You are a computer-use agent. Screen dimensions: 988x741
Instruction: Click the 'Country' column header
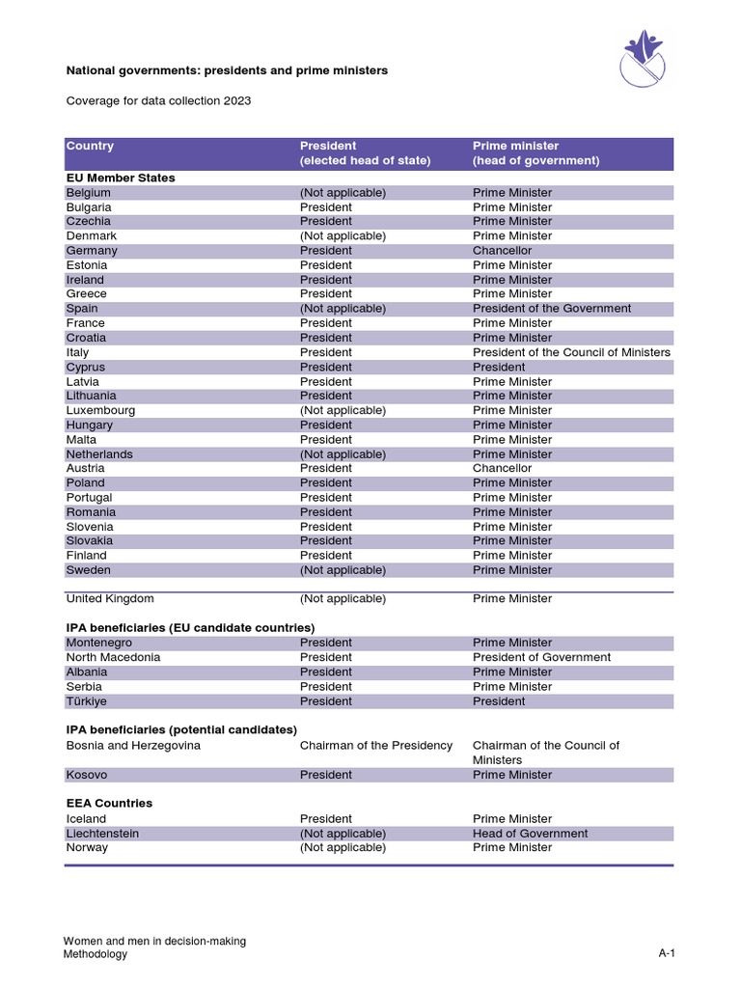[x=90, y=147]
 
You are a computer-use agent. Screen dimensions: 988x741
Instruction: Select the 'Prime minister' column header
[x=515, y=147]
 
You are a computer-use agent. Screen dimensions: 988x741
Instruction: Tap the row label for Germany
[x=92, y=251]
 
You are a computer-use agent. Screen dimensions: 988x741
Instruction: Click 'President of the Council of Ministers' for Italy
[x=571, y=352]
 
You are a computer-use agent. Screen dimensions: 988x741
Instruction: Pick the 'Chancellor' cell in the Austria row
[x=502, y=468]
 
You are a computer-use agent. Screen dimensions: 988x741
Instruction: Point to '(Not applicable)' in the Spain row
[x=343, y=309]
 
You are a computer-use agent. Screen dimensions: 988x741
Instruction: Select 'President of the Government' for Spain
[x=552, y=309]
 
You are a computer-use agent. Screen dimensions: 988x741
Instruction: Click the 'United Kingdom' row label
[x=110, y=599]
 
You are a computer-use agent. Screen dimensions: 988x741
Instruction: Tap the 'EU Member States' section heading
[x=121, y=178]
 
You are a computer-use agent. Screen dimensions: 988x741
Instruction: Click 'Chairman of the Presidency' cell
[x=375, y=746]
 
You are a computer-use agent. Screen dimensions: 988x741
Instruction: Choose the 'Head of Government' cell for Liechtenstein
[x=530, y=834]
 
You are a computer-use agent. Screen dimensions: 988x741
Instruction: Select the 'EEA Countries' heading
[x=109, y=803]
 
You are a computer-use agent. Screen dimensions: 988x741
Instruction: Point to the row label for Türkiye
[x=87, y=701]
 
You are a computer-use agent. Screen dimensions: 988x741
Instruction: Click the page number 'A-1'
[x=666, y=954]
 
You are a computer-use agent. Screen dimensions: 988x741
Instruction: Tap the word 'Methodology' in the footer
[x=95, y=954]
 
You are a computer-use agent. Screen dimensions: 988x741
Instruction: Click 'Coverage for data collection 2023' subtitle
[x=158, y=101]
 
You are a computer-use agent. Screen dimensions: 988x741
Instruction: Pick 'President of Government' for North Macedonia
[x=541, y=657]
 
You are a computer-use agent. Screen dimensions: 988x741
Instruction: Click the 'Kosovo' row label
[x=87, y=775]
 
